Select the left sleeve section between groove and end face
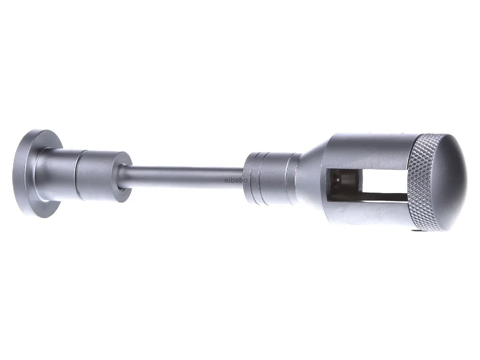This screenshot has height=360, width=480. [98, 176]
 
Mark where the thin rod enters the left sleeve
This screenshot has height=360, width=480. [123, 177]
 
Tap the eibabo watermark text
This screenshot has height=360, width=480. [240, 180]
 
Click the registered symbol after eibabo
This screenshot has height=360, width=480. [253, 180]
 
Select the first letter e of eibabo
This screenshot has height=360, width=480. [226, 180]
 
